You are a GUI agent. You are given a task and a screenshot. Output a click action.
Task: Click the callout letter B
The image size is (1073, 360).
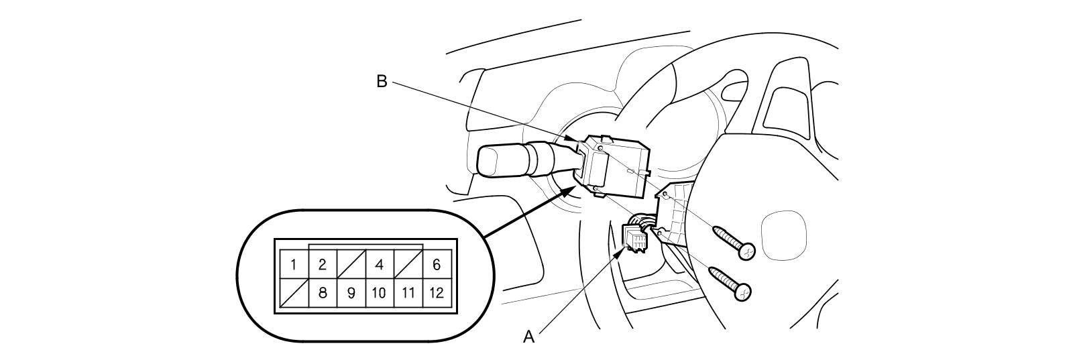pyautogui.click(x=382, y=81)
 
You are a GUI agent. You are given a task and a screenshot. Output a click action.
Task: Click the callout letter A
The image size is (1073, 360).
pyautogui.click(x=529, y=337)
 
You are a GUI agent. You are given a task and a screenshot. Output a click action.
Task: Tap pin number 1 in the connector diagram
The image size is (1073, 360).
pyautogui.click(x=294, y=264)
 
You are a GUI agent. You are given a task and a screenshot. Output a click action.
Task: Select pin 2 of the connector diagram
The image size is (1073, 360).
pyautogui.click(x=323, y=264)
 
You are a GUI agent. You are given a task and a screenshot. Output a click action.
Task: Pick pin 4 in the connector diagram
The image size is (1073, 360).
pyautogui.click(x=380, y=264)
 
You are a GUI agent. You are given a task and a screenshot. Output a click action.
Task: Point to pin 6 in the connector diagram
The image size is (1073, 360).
pyautogui.click(x=437, y=264)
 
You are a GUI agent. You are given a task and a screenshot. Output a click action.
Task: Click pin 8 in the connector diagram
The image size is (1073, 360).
pyautogui.click(x=323, y=293)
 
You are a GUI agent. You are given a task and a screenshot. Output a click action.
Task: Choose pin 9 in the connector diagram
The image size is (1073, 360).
pyautogui.click(x=351, y=293)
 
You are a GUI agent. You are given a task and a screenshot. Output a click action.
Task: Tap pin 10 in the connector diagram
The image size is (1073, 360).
pyautogui.click(x=380, y=293)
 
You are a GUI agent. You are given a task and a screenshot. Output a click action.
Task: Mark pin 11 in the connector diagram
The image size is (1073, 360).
pyautogui.click(x=408, y=293)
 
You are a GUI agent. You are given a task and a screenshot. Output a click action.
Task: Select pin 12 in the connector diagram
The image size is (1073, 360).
pyautogui.click(x=437, y=293)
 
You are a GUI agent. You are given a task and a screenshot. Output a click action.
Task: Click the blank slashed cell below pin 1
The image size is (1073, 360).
pyautogui.click(x=294, y=293)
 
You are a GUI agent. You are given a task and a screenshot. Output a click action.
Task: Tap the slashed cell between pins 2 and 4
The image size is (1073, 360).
pyautogui.click(x=351, y=264)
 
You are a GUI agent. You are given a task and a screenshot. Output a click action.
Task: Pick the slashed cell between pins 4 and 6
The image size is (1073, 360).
pyautogui.click(x=408, y=264)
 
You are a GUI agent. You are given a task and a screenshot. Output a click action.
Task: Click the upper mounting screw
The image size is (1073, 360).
pyautogui.click(x=734, y=242)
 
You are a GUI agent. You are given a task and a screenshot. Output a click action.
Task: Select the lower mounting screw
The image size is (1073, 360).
pyautogui.click(x=731, y=284)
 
